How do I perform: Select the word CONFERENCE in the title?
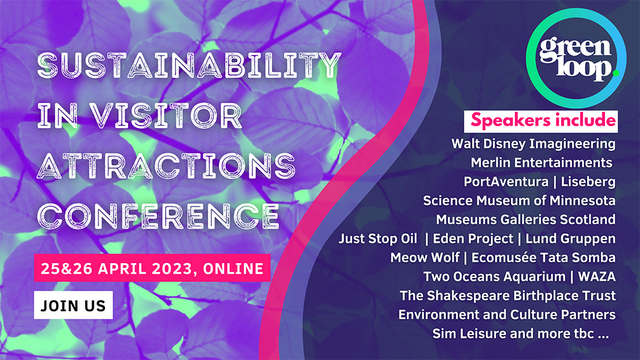tap(158, 214)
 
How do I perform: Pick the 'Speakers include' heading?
tap(540, 120)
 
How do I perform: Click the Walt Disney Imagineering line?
tap(533, 144)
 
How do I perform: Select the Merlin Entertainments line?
tap(541, 162)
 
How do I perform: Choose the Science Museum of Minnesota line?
tap(519, 201)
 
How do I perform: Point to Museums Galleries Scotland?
tap(526, 219)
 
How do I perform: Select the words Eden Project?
tap(471, 239)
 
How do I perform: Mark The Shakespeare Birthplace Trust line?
tap(507, 296)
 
